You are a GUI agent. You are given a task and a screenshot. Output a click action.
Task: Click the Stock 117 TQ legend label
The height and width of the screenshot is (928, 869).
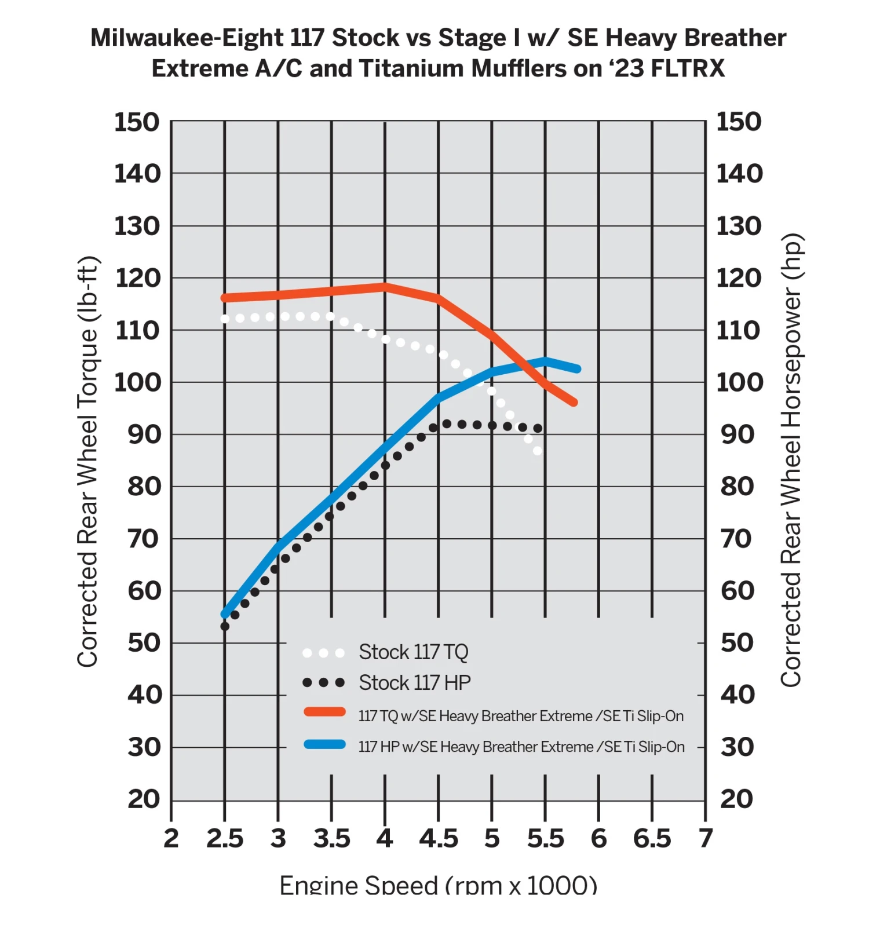(413, 652)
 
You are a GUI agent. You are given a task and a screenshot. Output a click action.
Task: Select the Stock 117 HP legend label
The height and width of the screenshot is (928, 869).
(414, 683)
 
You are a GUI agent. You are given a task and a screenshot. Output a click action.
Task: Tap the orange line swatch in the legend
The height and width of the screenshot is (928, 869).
(324, 712)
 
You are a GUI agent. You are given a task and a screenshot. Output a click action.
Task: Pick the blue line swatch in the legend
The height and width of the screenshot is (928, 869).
(324, 744)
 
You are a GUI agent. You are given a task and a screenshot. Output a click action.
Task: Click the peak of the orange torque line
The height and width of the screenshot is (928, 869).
(385, 287)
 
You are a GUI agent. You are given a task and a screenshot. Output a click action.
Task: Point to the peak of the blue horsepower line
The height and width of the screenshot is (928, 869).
(545, 361)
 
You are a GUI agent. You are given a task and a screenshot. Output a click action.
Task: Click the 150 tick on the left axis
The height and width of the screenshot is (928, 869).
(137, 123)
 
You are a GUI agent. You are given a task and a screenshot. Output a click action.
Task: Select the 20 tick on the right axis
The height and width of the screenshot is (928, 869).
(737, 799)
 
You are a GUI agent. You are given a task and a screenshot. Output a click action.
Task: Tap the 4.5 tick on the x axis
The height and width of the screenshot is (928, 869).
(439, 839)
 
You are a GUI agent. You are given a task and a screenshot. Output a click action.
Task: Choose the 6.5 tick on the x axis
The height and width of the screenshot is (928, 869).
(652, 839)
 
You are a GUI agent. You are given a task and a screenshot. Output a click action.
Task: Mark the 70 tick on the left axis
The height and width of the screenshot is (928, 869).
(144, 539)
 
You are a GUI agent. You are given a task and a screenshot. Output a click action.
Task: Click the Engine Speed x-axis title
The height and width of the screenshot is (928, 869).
(438, 885)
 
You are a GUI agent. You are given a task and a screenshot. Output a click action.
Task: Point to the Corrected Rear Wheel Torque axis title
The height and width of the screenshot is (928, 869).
(88, 461)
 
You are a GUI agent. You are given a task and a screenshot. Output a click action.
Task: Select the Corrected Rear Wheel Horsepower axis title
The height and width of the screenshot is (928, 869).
(791, 460)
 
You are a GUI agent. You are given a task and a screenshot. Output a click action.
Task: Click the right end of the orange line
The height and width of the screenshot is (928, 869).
(574, 402)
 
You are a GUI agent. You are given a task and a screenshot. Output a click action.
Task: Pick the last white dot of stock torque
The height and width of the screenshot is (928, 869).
(538, 451)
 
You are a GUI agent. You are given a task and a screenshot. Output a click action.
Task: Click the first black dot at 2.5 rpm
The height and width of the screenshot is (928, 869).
(225, 626)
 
